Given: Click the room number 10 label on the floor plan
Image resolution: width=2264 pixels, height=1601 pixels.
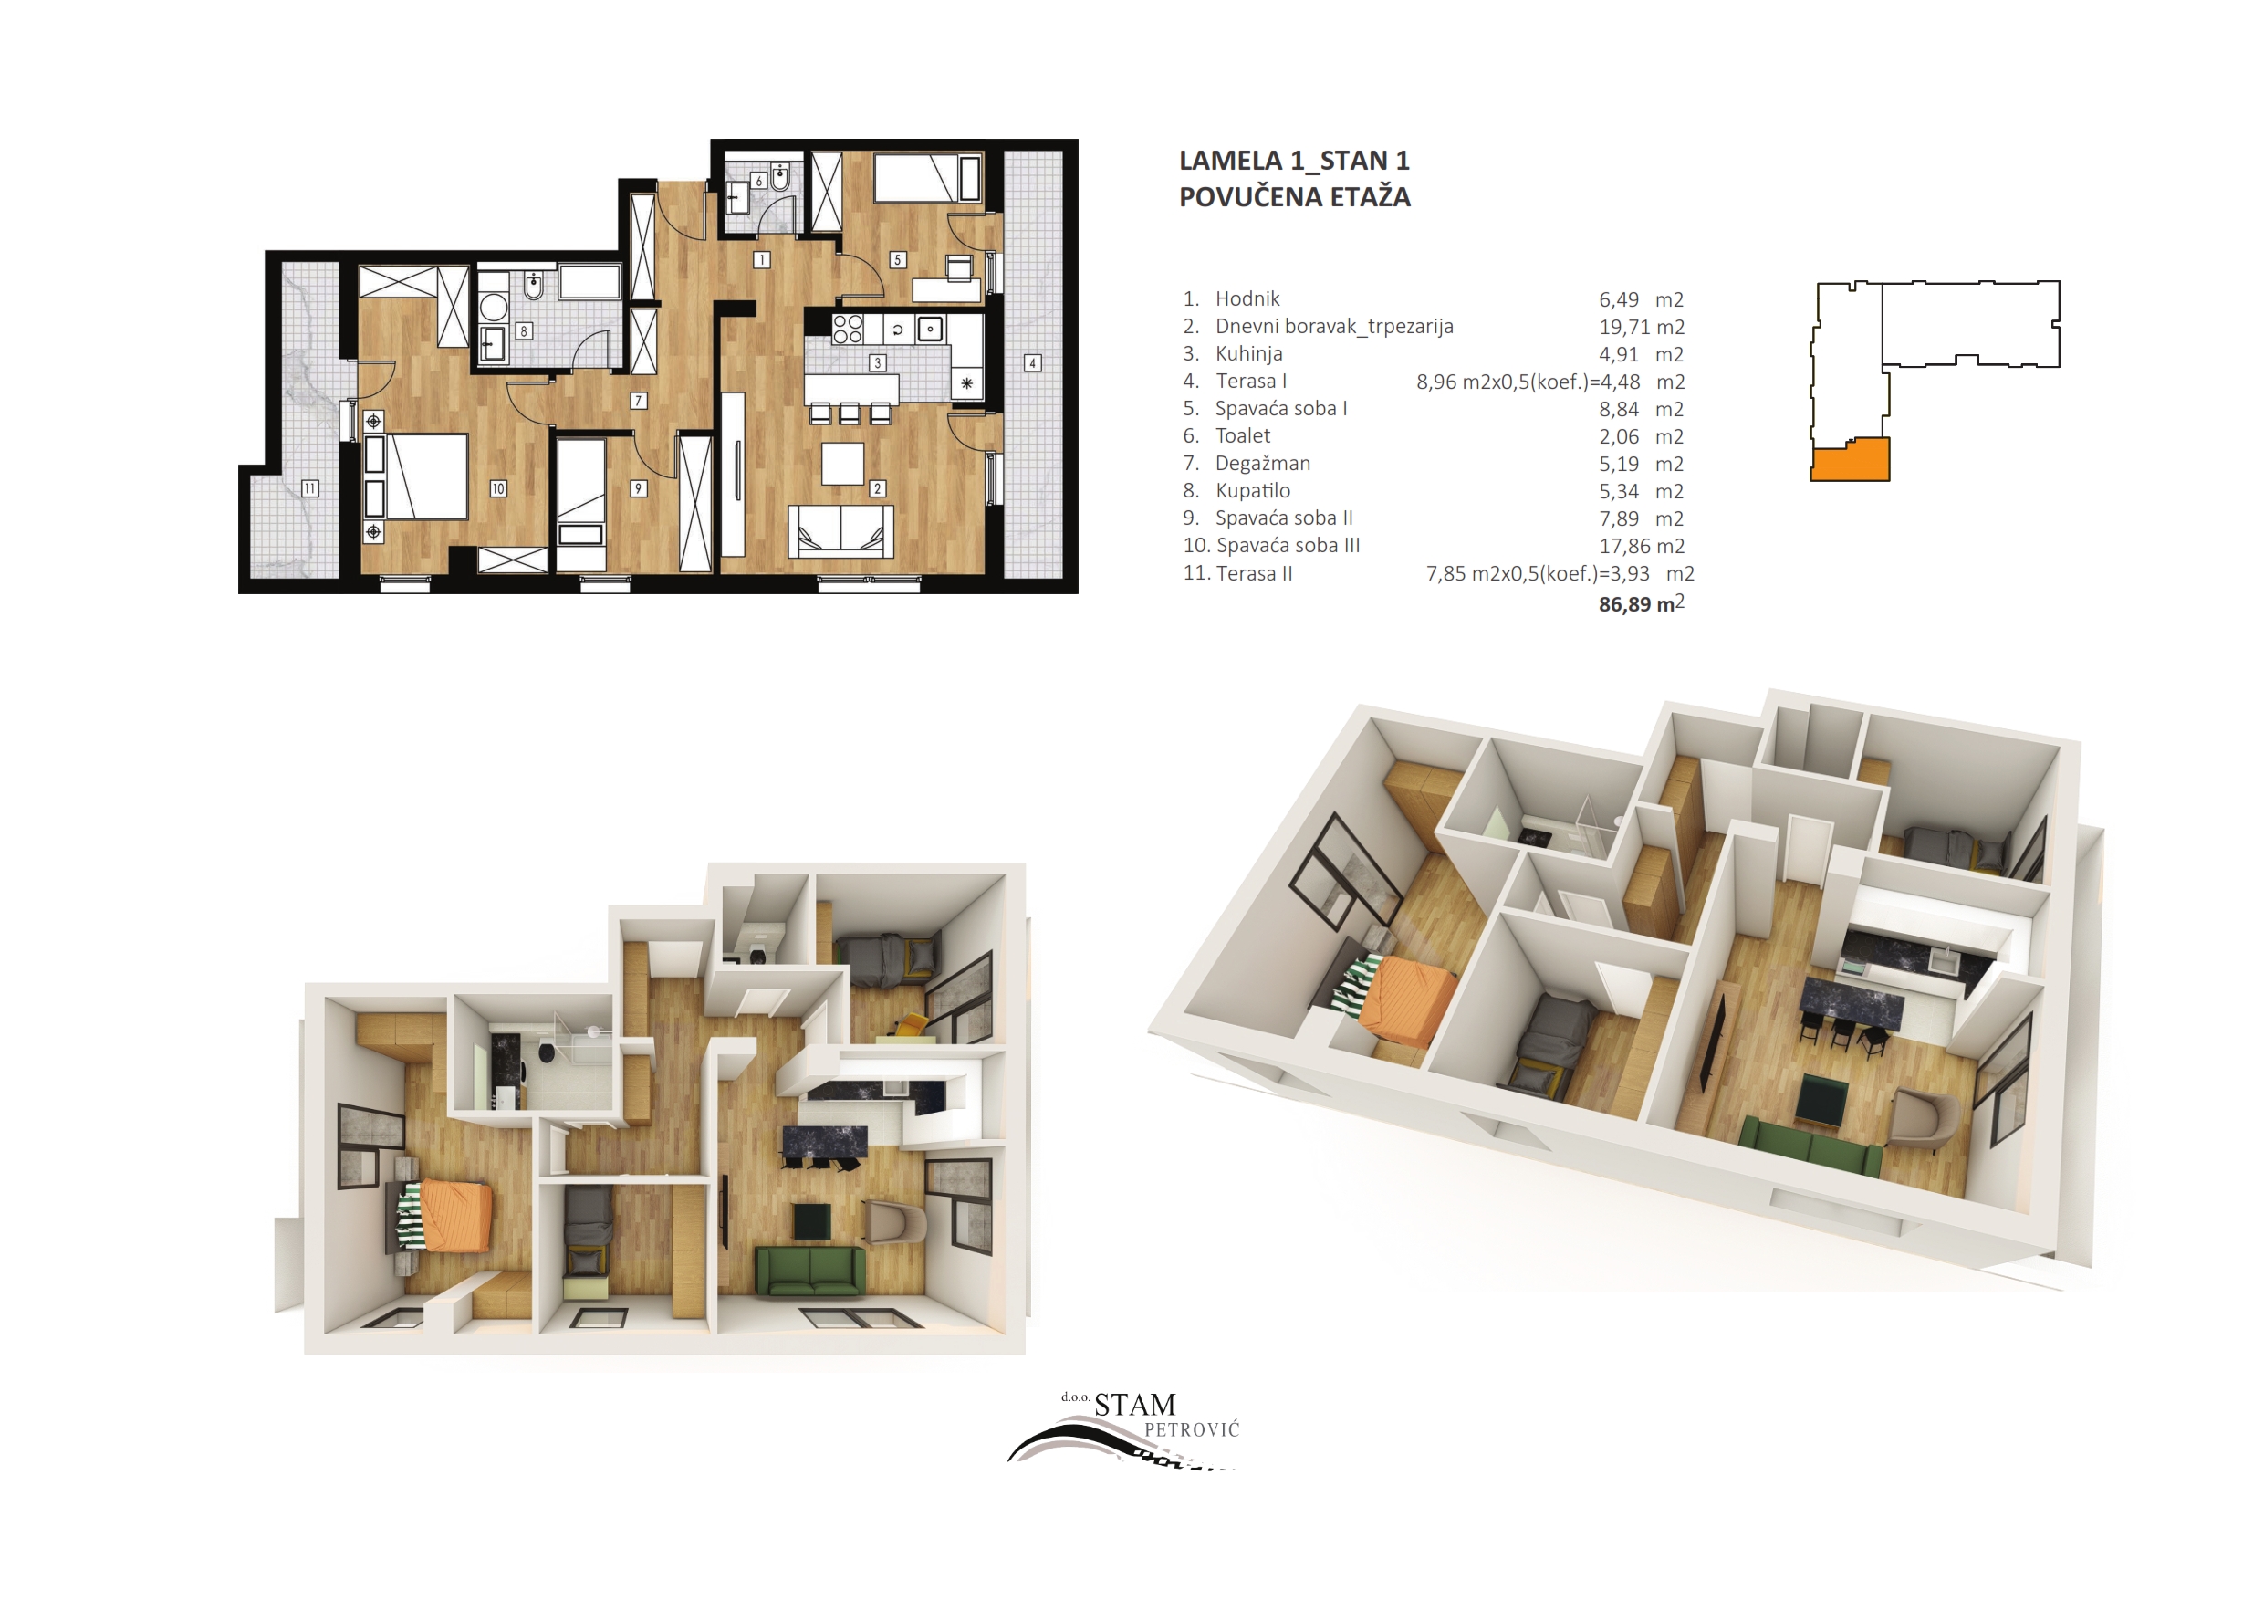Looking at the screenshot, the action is point(498,488).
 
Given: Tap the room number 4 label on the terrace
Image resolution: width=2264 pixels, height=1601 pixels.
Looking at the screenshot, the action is point(1032,363).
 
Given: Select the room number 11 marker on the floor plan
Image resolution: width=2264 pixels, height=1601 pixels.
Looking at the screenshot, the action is point(309,488).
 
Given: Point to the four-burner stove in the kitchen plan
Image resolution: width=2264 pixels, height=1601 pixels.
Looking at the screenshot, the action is point(848,329).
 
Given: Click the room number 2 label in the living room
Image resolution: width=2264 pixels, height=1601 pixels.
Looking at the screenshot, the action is point(878,488).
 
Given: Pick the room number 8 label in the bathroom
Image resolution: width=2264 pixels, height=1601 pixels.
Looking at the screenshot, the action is point(524,331).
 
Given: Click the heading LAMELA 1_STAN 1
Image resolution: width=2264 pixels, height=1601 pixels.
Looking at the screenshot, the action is point(1295,161).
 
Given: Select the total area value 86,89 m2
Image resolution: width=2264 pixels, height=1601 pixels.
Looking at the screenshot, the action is point(1642,603).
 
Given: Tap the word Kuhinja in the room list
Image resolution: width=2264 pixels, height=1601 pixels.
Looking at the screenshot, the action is point(1249,353).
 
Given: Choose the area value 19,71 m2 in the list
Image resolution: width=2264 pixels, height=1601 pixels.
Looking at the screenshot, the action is point(1642,327).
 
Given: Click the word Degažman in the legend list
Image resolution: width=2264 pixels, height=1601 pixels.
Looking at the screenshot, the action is point(1263,464).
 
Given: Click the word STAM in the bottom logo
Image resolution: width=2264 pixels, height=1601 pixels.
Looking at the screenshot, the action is point(1135,1405).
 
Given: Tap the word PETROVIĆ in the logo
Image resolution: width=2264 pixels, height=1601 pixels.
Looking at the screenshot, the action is point(1191,1429).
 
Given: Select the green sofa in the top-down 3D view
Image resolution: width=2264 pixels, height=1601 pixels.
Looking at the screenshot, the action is point(809,1271).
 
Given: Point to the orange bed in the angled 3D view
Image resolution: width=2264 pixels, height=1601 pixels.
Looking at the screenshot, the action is point(1407,999).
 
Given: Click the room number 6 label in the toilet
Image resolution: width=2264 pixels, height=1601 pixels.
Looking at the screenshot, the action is point(758,181).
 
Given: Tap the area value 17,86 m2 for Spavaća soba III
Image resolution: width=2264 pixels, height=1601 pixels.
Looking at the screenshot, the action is point(1642,546).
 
